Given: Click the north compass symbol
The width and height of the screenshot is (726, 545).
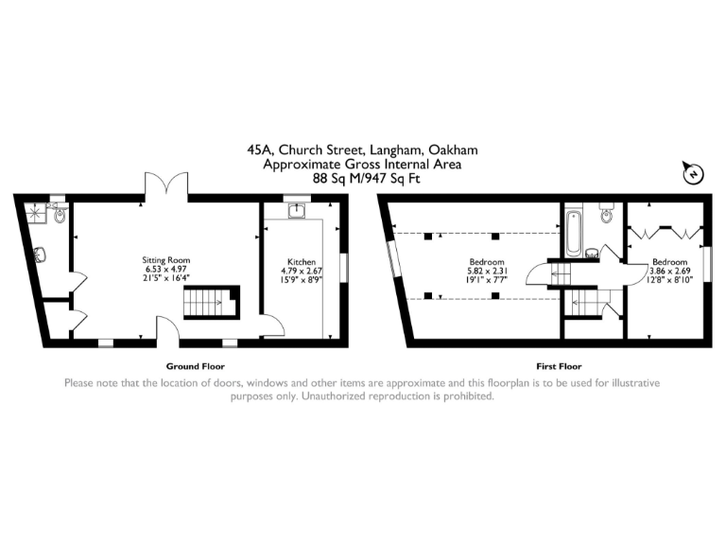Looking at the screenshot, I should point(693,174).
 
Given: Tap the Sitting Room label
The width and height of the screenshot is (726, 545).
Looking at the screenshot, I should point(166,259).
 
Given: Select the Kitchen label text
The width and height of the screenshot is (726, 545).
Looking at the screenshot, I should point(302,261).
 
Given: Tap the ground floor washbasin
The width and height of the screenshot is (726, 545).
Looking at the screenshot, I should point(41,254).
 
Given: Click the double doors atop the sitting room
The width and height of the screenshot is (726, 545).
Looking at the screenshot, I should point(165,185).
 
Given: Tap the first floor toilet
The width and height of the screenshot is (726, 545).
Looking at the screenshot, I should point(606,216).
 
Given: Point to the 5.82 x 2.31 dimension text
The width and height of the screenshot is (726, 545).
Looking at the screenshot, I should point(487,271).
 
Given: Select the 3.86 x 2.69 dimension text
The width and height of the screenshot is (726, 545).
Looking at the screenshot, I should point(669,271).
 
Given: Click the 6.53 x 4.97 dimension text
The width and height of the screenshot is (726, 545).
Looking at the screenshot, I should point(166,270).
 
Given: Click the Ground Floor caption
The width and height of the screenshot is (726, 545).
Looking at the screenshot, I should point(195,366).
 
